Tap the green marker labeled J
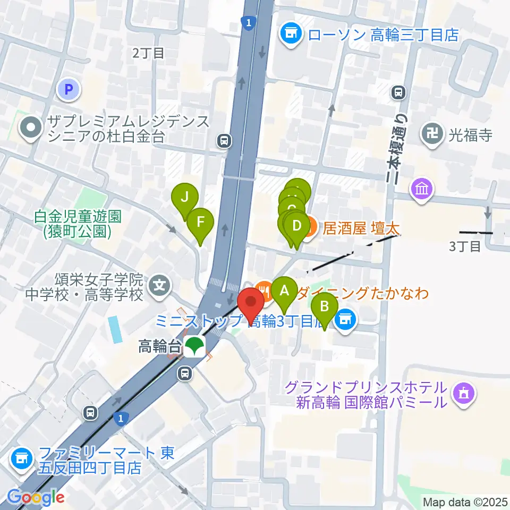(x=185, y=198)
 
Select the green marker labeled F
(x=200, y=221)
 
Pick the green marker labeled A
(x=284, y=291)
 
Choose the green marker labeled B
(x=325, y=307)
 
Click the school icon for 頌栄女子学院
(x=159, y=286)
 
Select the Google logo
(x=36, y=498)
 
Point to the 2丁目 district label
(x=148, y=53)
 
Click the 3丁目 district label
(x=465, y=246)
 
